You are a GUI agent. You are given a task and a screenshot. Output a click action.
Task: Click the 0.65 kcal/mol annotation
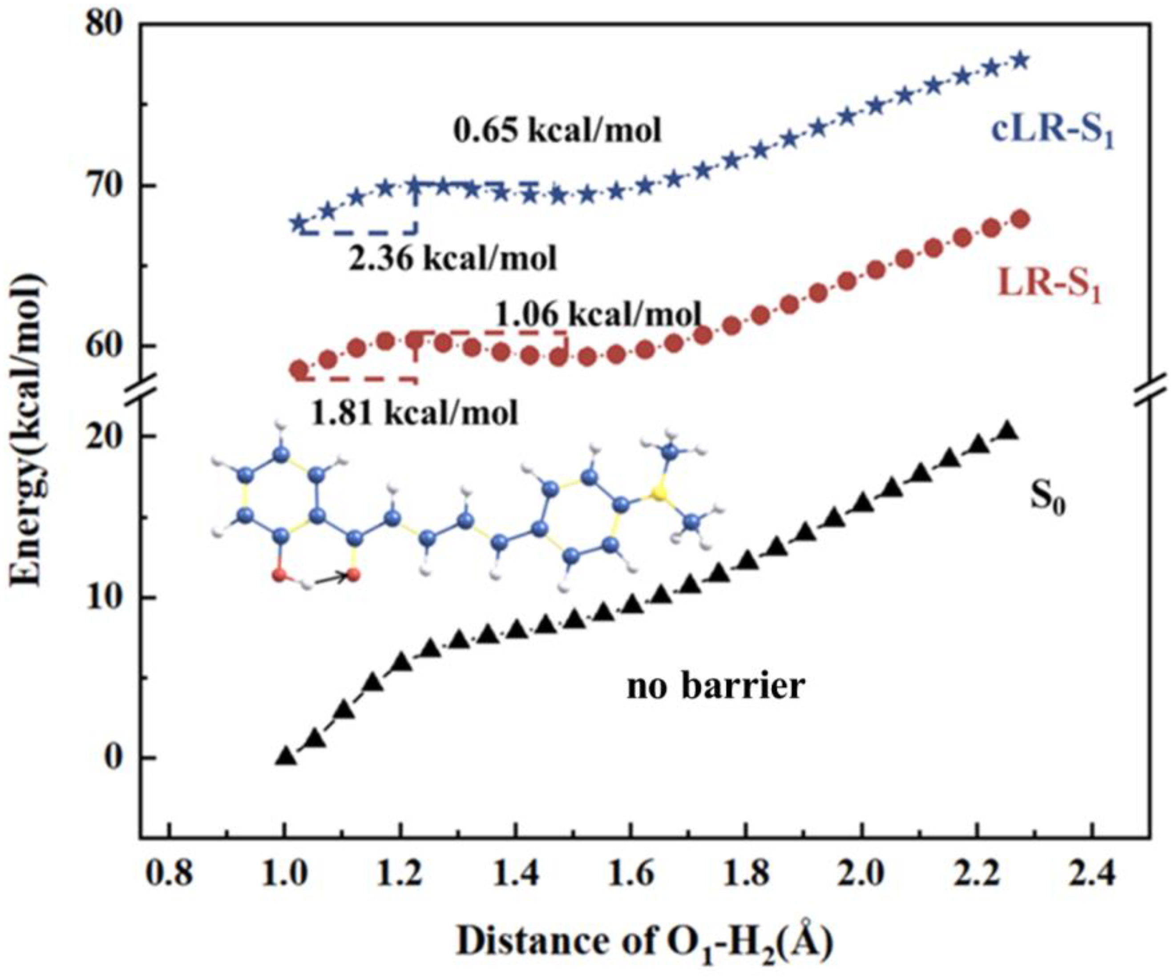(557, 130)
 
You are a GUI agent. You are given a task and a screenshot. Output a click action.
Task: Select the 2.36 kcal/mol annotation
(453, 258)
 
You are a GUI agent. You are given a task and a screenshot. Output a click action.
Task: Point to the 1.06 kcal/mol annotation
(598, 315)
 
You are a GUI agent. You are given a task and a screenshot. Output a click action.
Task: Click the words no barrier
(715, 686)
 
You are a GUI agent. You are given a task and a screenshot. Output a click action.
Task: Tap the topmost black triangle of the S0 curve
(1007, 431)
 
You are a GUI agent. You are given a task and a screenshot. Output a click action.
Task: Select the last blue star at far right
(1020, 60)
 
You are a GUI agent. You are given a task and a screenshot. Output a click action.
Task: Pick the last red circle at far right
(1020, 219)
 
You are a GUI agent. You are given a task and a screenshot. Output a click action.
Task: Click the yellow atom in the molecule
(660, 493)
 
